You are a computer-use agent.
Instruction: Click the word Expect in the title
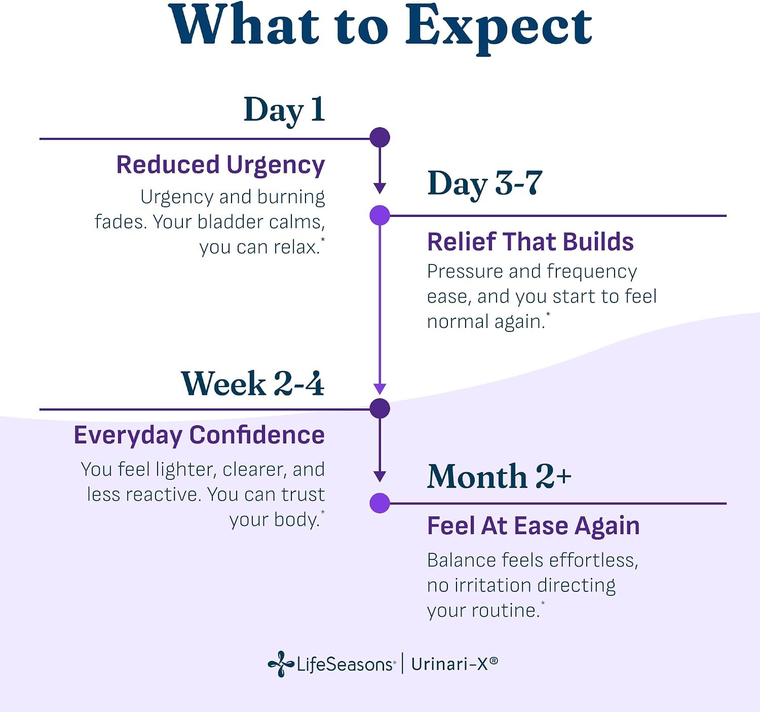click(x=498, y=29)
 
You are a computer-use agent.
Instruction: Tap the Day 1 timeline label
click(x=284, y=110)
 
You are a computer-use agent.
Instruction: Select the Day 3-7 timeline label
click(x=485, y=184)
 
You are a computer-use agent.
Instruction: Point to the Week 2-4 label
click(x=252, y=383)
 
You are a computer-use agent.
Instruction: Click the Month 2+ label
click(x=500, y=476)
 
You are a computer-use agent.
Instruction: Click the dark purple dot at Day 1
click(x=379, y=137)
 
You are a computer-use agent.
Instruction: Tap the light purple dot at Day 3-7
click(x=379, y=215)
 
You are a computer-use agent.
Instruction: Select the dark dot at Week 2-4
click(x=379, y=408)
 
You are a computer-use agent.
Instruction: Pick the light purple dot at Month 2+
click(x=379, y=503)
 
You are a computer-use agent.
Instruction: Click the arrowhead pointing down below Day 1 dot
click(x=379, y=189)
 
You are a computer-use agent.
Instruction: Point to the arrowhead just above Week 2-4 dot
click(x=379, y=389)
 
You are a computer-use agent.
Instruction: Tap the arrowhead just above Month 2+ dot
click(x=379, y=476)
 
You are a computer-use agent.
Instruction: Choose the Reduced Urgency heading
click(x=221, y=165)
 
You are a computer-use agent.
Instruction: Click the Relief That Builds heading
click(x=530, y=242)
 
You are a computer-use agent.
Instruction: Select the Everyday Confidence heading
click(x=200, y=435)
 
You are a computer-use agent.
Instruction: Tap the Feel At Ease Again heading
click(x=534, y=526)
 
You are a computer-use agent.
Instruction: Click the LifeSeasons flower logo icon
click(x=281, y=664)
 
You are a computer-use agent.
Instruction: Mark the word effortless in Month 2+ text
click(x=593, y=560)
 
